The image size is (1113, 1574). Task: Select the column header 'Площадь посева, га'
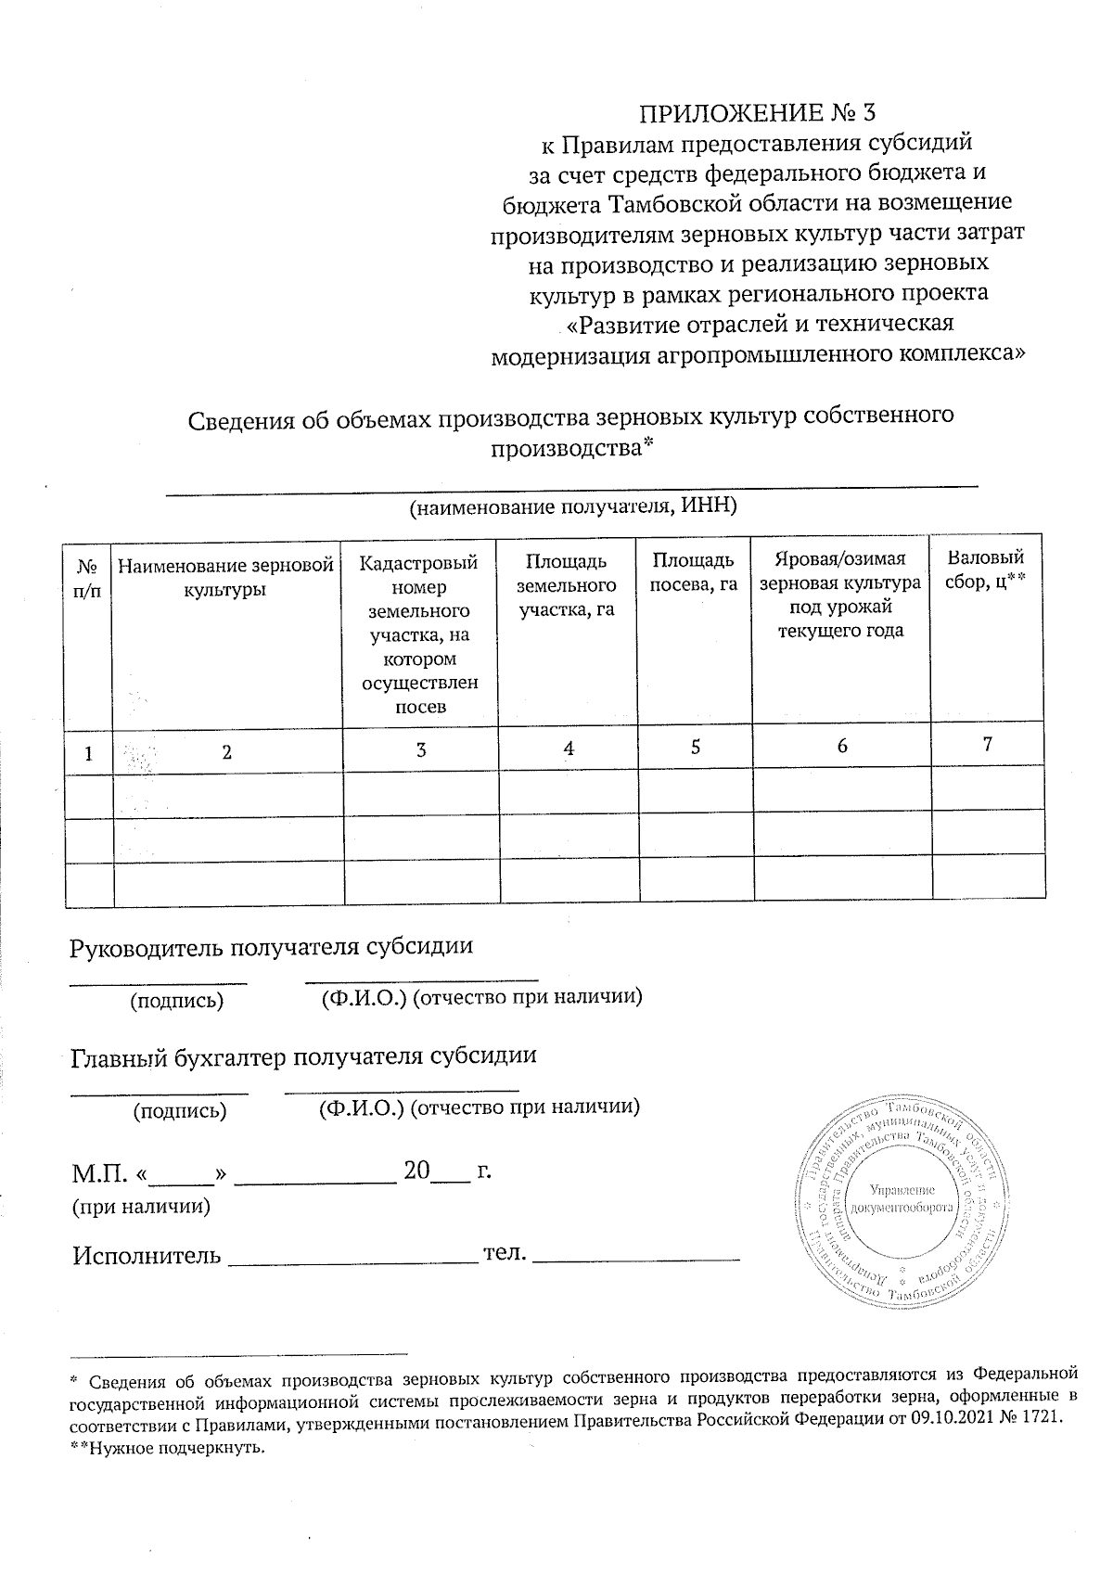pyautogui.click(x=694, y=572)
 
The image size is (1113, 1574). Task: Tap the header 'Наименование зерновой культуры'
pyautogui.click(x=225, y=576)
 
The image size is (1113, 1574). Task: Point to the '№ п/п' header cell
pyautogui.click(x=87, y=578)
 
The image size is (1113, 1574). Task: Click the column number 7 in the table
pyautogui.click(x=988, y=744)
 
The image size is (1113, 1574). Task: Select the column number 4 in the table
pyautogui.click(x=569, y=749)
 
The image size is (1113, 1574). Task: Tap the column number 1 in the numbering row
pyautogui.click(x=88, y=753)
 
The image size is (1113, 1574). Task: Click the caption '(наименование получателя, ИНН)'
pyautogui.click(x=573, y=506)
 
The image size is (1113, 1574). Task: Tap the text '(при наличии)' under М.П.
pyautogui.click(x=141, y=1207)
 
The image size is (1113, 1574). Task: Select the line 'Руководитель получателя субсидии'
pyautogui.click(x=272, y=946)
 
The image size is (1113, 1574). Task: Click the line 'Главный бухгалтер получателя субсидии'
pyautogui.click(x=304, y=1056)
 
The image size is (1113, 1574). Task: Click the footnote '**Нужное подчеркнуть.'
pyautogui.click(x=168, y=1449)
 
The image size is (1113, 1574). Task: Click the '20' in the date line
pyautogui.click(x=416, y=1171)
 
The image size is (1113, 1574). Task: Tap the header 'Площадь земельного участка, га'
pyautogui.click(x=567, y=585)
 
